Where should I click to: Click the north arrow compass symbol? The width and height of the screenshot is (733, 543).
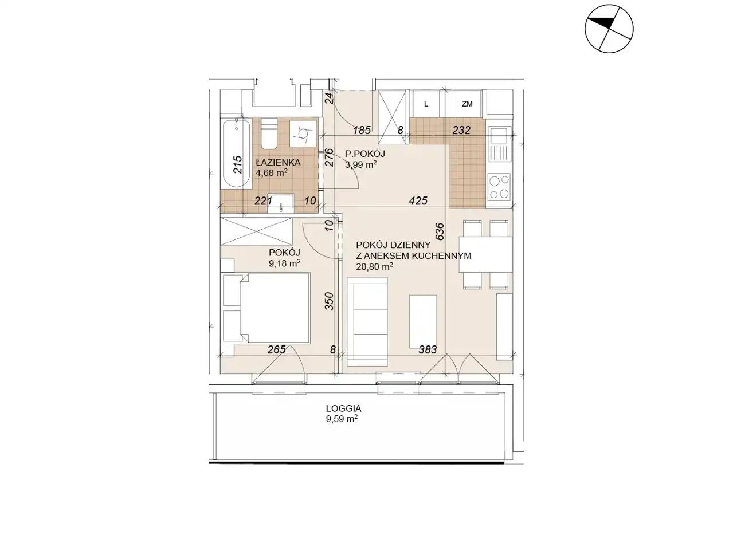(x=609, y=29)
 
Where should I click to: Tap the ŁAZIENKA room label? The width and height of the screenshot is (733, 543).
(x=279, y=163)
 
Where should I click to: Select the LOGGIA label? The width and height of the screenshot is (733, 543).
(x=343, y=408)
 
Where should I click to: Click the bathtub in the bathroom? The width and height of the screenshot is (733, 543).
(x=236, y=154)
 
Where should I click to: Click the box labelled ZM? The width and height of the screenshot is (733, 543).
(x=467, y=104)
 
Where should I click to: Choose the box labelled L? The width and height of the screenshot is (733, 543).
(x=426, y=104)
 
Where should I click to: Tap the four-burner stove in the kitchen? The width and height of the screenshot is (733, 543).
(x=499, y=187)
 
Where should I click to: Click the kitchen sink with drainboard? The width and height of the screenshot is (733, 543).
(x=499, y=148)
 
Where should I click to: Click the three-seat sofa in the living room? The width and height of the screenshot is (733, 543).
(x=367, y=322)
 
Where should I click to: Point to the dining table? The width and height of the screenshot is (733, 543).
(x=485, y=254)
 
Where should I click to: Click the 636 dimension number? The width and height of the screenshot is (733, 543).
(x=440, y=231)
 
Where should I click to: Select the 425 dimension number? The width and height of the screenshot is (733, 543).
(x=418, y=200)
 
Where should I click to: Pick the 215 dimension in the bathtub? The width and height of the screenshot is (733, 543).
(x=238, y=164)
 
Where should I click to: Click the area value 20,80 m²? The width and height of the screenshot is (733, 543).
(x=374, y=266)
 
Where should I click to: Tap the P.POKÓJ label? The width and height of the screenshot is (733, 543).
(x=365, y=154)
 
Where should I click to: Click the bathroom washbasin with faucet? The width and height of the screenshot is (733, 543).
(x=281, y=202)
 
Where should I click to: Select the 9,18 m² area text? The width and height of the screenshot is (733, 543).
(x=284, y=263)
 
